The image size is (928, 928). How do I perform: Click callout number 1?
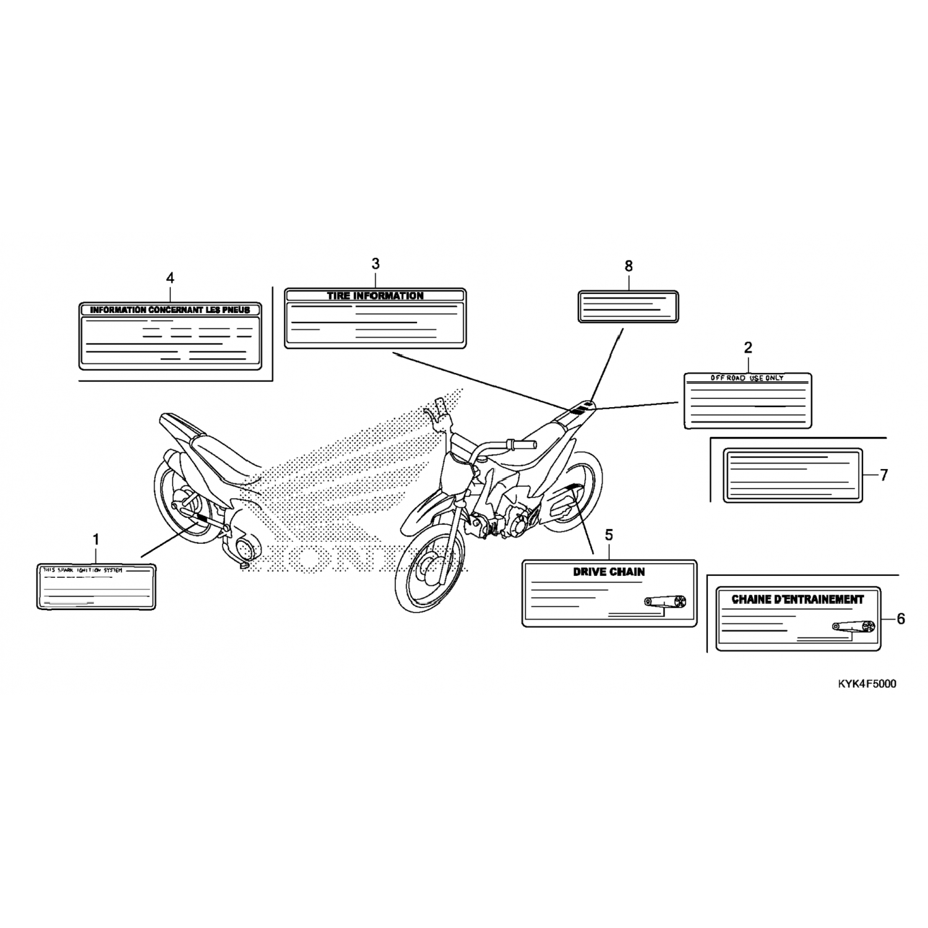[96, 539]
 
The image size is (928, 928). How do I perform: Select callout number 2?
[748, 348]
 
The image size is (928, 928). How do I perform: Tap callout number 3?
[375, 264]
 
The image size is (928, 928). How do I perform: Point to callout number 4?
[170, 278]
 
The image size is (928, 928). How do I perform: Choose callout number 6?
[901, 619]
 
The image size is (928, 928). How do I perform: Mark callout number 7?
[884, 475]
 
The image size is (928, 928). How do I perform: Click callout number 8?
[629, 266]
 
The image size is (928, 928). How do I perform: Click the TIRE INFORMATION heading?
[375, 296]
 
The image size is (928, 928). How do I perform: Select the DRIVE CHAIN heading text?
[609, 572]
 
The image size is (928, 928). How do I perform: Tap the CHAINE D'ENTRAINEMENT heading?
[797, 599]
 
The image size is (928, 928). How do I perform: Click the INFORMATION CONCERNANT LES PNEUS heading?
[170, 309]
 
